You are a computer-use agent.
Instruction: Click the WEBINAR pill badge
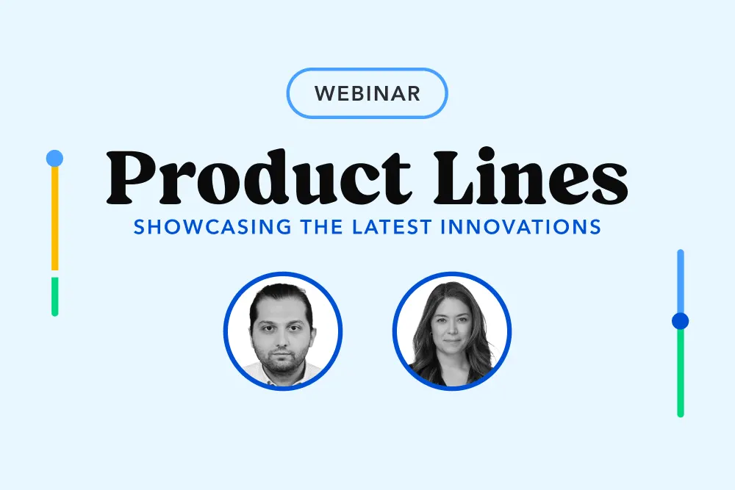point(367,93)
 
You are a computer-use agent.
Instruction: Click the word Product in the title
point(259,177)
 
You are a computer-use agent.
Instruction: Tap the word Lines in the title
point(531,176)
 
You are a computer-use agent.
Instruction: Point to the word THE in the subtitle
point(322,227)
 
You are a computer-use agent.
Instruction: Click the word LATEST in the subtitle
point(392,227)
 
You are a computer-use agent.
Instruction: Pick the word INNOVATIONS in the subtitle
point(521,227)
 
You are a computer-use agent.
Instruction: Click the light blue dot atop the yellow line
point(54,159)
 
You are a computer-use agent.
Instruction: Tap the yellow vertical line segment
point(55,218)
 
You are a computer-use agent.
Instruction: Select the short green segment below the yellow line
point(55,297)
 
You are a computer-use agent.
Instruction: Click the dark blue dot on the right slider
point(680,321)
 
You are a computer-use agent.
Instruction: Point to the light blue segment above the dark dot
point(681,281)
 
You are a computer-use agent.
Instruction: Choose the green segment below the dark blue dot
point(681,373)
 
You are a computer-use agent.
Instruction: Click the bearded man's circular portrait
point(283,331)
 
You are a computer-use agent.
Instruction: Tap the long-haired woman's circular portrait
point(452,331)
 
